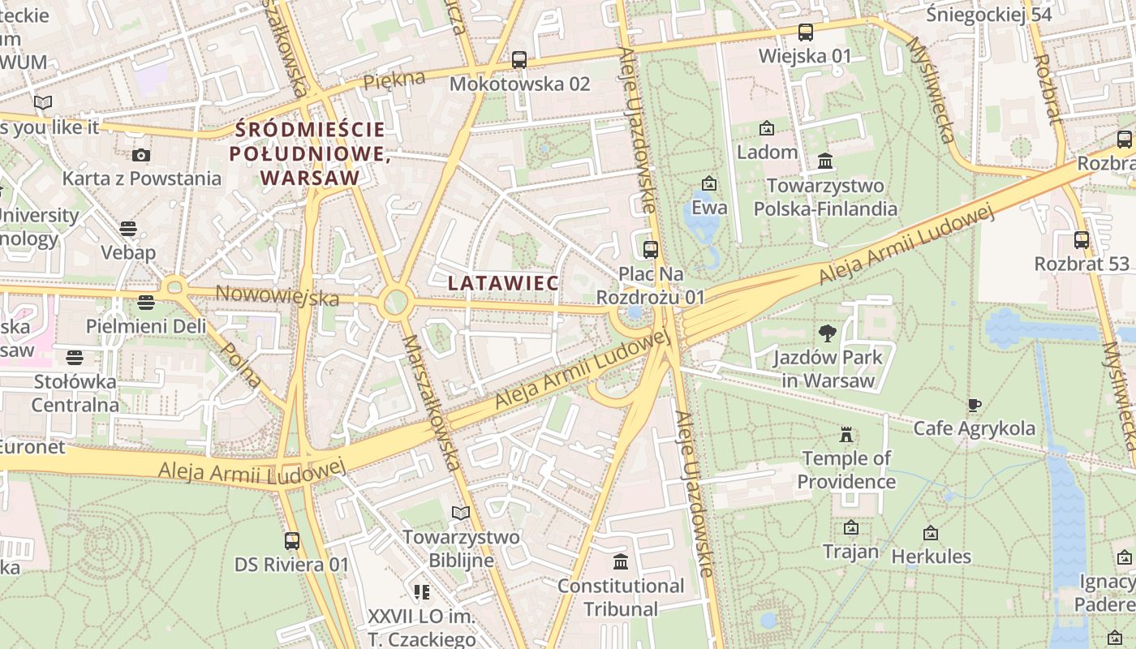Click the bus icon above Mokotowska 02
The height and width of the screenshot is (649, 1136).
(519, 59)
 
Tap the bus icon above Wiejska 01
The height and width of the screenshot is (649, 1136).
(805, 32)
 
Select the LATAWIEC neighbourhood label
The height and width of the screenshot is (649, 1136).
(503, 283)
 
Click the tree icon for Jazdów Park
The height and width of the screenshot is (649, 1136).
(828, 333)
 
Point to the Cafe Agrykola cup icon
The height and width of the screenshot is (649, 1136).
(975, 404)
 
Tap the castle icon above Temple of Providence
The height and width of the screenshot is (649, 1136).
(846, 435)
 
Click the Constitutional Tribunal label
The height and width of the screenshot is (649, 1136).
(621, 597)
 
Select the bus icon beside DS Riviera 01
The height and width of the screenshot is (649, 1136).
(292, 540)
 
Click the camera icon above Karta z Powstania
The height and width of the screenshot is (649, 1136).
(141, 155)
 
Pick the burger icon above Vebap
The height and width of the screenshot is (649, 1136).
(128, 229)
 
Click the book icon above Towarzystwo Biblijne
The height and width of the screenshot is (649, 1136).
(460, 513)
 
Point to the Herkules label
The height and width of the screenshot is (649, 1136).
(931, 557)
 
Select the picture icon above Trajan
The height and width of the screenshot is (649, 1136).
(850, 528)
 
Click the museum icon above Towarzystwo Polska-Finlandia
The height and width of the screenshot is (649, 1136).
(825, 161)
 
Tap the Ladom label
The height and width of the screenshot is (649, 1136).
(767, 152)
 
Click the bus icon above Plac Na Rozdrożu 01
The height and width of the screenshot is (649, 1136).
(650, 250)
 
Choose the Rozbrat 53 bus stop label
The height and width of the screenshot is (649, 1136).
(1081, 264)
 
